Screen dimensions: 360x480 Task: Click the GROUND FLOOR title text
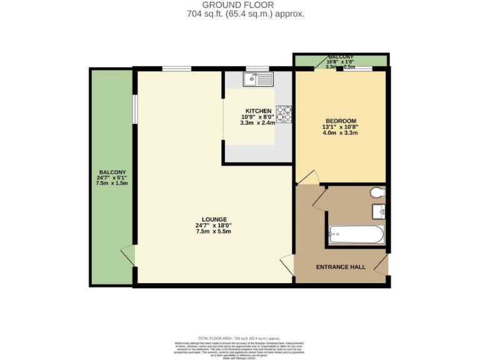(240, 6)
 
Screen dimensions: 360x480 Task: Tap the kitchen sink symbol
(258, 79)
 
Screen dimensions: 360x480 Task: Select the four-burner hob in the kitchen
(284, 114)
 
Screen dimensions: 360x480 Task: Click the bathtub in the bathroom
(356, 235)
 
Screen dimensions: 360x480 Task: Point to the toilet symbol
(377, 192)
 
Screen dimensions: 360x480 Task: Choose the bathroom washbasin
(379, 211)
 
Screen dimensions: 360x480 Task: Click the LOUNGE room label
(214, 219)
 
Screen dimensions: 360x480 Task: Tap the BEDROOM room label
(341, 121)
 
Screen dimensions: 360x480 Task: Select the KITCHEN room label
(258, 111)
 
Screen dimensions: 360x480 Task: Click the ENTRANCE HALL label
(341, 267)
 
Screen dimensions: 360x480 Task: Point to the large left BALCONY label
(112, 172)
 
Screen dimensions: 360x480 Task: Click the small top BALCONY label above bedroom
(341, 57)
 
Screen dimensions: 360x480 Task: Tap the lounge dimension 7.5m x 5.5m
(214, 231)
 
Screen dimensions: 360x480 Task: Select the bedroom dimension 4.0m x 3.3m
(341, 132)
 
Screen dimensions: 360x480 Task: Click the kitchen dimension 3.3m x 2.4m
(258, 123)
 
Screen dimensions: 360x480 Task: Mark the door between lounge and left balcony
(129, 256)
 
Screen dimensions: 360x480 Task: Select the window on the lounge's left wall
(134, 109)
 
